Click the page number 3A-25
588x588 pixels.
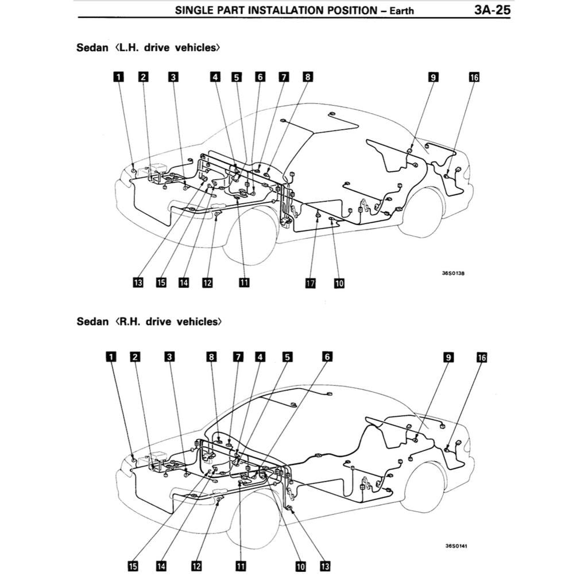pos(492,10)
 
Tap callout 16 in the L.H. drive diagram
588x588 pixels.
pos(474,78)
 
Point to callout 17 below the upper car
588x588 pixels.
pos(311,283)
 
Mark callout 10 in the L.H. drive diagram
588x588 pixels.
pos(339,283)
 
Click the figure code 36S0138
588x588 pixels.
pos(453,273)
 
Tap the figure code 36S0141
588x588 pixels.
pos(456,546)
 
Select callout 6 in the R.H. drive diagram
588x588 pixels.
pos(327,357)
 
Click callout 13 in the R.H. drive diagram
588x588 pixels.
pos(325,566)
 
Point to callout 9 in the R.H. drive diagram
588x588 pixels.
pos(448,357)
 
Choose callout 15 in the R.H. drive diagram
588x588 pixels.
pos(133,566)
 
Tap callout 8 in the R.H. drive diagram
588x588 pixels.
pos(212,357)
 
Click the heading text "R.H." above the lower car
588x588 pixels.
pos(131,322)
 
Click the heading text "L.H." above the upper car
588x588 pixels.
pos(131,48)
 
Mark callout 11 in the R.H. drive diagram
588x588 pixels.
pos(241,566)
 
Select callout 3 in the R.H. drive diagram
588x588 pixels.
pos(169,357)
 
